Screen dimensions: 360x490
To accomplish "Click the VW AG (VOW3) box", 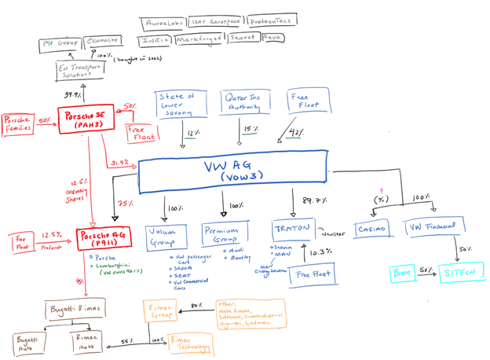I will (232, 171).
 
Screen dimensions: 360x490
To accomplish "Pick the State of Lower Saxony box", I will (180, 105).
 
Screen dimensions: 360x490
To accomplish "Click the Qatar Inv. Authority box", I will (244, 102).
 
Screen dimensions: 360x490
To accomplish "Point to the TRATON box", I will (292, 230).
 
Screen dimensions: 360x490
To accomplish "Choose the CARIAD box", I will (371, 230).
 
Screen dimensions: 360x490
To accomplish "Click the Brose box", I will (402, 274).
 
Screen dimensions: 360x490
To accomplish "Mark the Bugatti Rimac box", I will (74, 309).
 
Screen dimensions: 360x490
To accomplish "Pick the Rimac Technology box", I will (190, 344).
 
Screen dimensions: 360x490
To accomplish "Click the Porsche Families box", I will (16, 125).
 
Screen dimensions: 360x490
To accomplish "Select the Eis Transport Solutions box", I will (79, 72).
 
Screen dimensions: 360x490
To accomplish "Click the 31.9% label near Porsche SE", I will (120, 163).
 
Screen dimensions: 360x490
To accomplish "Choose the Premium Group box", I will (225, 233).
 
